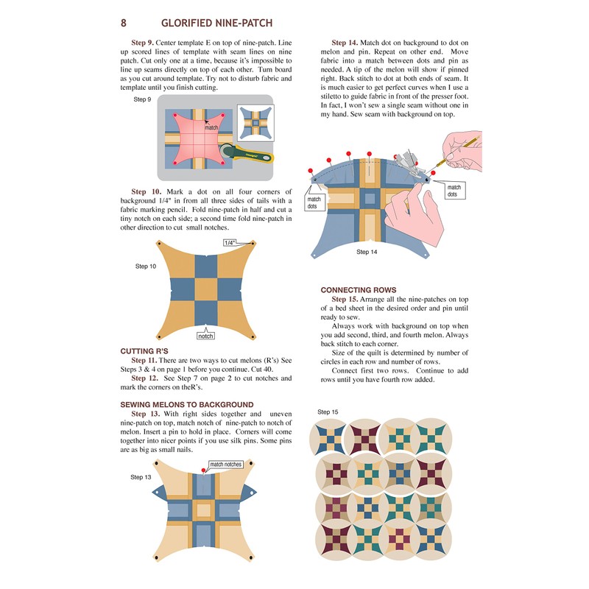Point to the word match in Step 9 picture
click(211, 127)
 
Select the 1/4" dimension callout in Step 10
click(229, 241)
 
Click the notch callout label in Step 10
click(205, 336)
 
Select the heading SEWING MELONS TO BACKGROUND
click(186, 404)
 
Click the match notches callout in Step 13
click(225, 465)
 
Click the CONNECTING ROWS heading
click(359, 290)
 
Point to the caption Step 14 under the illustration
click(367, 252)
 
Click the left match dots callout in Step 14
click(314, 202)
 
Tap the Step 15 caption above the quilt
click(328, 412)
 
